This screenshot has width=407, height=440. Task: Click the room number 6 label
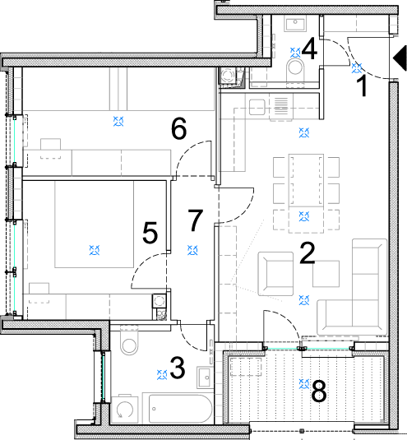pos(178,129)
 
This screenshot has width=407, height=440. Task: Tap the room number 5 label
pos(150,233)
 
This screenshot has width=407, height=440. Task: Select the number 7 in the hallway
pos(195,220)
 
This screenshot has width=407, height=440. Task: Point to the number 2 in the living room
pos(308,253)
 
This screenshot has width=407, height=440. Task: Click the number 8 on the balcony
pos(319,391)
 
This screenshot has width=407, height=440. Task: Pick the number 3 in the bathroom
pos(178,368)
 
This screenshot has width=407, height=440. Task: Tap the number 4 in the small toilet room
pos(310,49)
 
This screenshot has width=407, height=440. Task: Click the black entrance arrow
pos(400,58)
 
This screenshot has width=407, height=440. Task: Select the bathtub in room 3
pos(178,409)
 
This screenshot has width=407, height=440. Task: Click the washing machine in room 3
pos(124,409)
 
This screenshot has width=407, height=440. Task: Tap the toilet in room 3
pos(129,340)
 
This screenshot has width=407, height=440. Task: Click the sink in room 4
pos(295,24)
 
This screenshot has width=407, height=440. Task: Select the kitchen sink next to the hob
pos(257,107)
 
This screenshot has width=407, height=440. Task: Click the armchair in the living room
pos(275,274)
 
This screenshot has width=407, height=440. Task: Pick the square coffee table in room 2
pos(326,274)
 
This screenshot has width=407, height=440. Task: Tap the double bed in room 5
pos(95,225)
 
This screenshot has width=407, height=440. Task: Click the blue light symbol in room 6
pos(118,122)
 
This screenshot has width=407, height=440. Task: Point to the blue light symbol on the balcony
pos(304,383)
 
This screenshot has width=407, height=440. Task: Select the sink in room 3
pos(205,377)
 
